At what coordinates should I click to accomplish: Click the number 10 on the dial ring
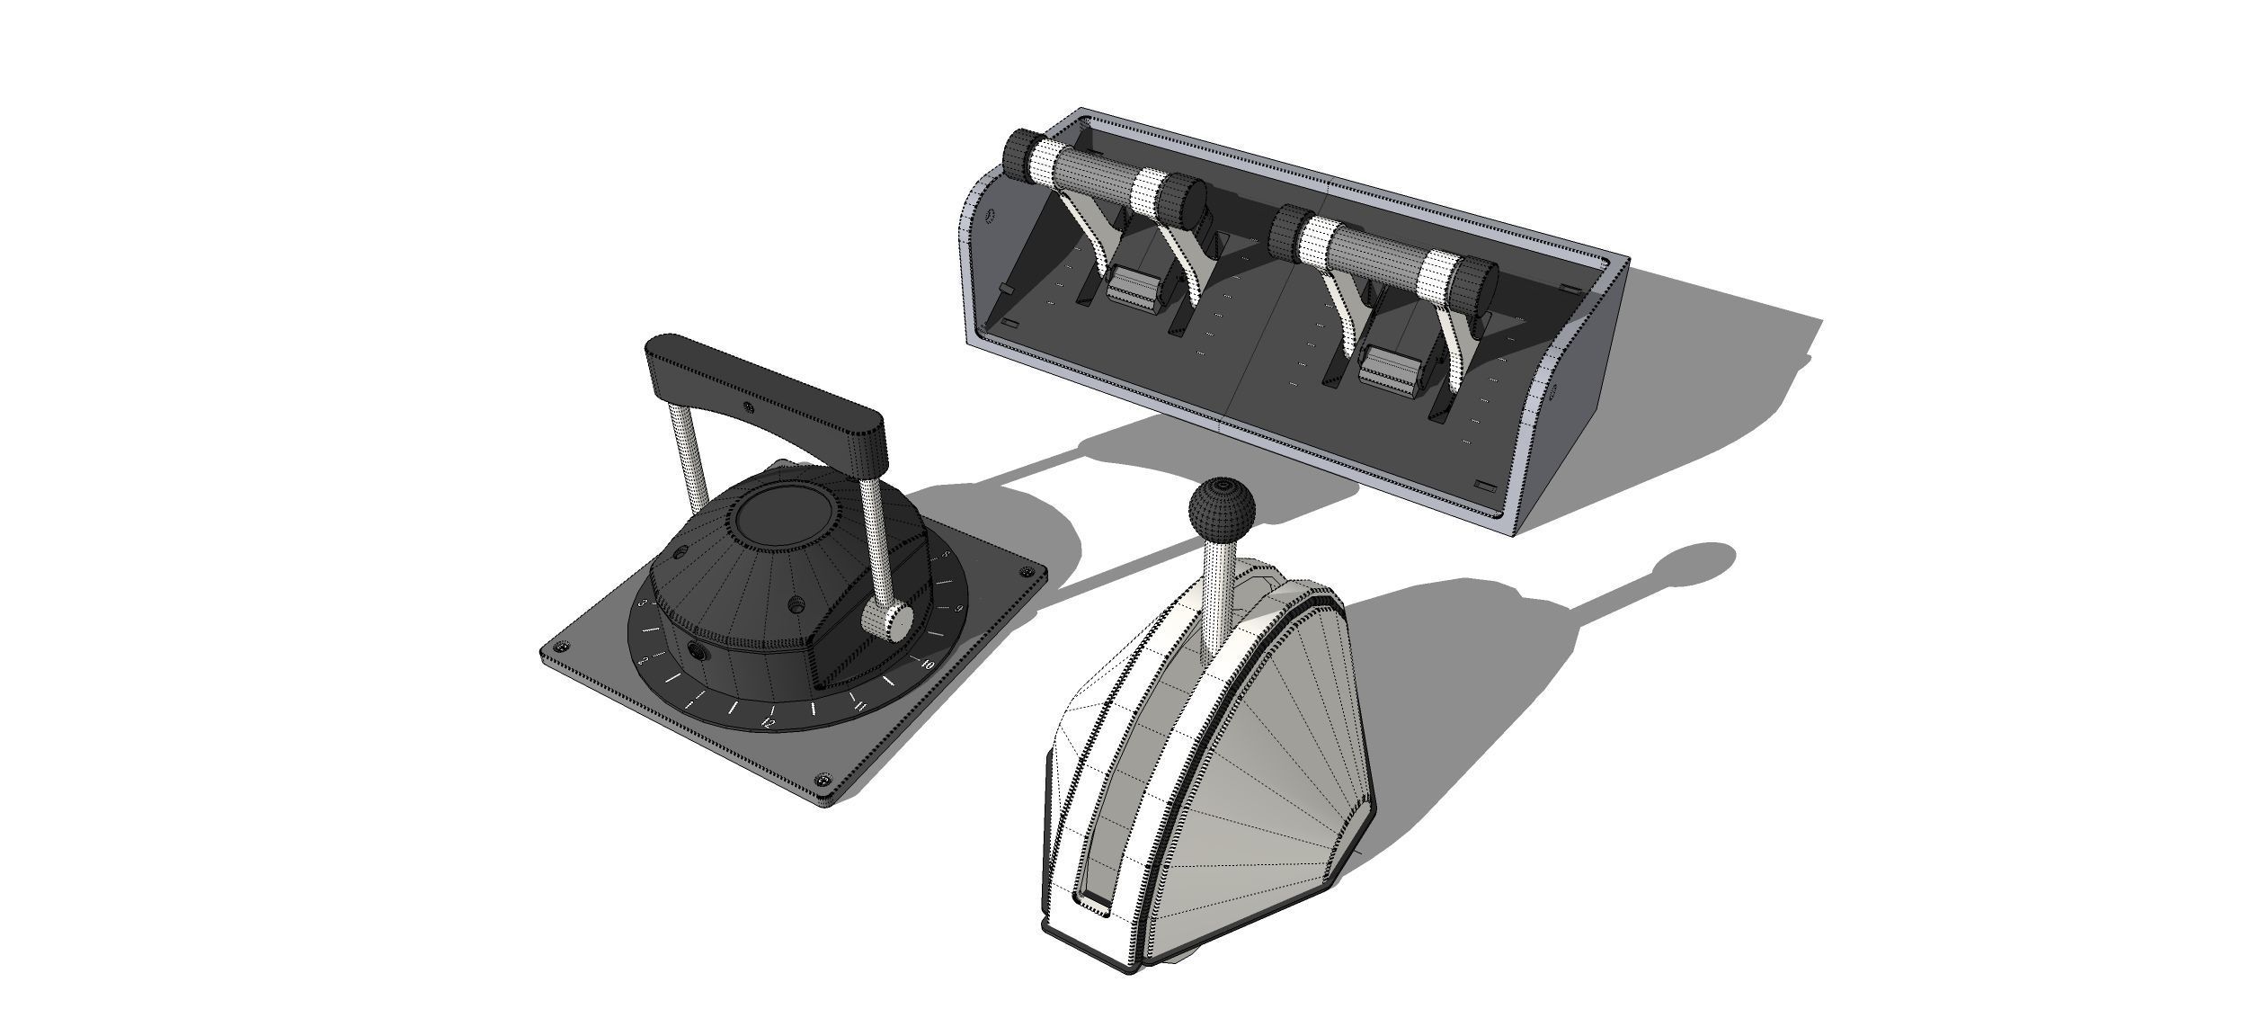pyautogui.click(x=927, y=665)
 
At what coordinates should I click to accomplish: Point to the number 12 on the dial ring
pyautogui.click(x=768, y=722)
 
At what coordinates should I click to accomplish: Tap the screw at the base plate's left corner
pyautogui.click(x=562, y=649)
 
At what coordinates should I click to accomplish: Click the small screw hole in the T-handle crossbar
pyautogui.click(x=749, y=409)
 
